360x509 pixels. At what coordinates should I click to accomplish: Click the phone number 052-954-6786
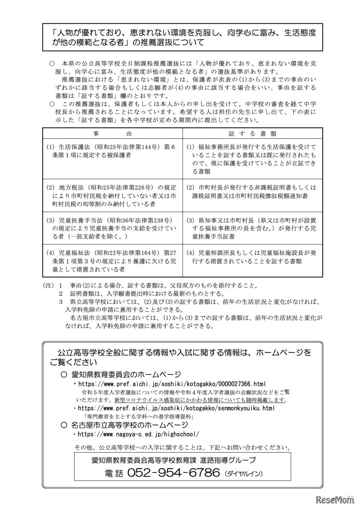[173, 473]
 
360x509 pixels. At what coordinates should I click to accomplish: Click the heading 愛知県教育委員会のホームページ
[126, 374]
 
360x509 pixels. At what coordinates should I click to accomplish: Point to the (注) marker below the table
[47, 286]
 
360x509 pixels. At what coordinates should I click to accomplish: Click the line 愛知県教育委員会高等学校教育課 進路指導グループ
[173, 460]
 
